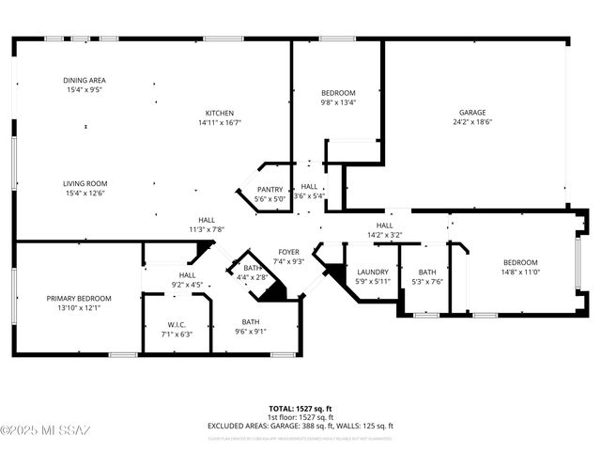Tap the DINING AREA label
pyautogui.click(x=85, y=81)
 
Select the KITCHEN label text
pyautogui.click(x=220, y=113)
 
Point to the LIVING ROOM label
pyautogui.click(x=85, y=184)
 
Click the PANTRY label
pyautogui.click(x=270, y=189)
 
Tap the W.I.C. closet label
pyautogui.click(x=177, y=324)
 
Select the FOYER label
pyautogui.click(x=288, y=252)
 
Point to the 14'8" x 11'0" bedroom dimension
pyautogui.click(x=519, y=272)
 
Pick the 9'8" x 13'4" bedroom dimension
pyautogui.click(x=338, y=102)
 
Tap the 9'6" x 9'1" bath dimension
pyautogui.click(x=250, y=331)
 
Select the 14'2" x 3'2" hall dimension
pyautogui.click(x=384, y=236)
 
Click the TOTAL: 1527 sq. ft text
pyautogui.click(x=300, y=409)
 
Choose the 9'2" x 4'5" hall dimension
pyautogui.click(x=188, y=284)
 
